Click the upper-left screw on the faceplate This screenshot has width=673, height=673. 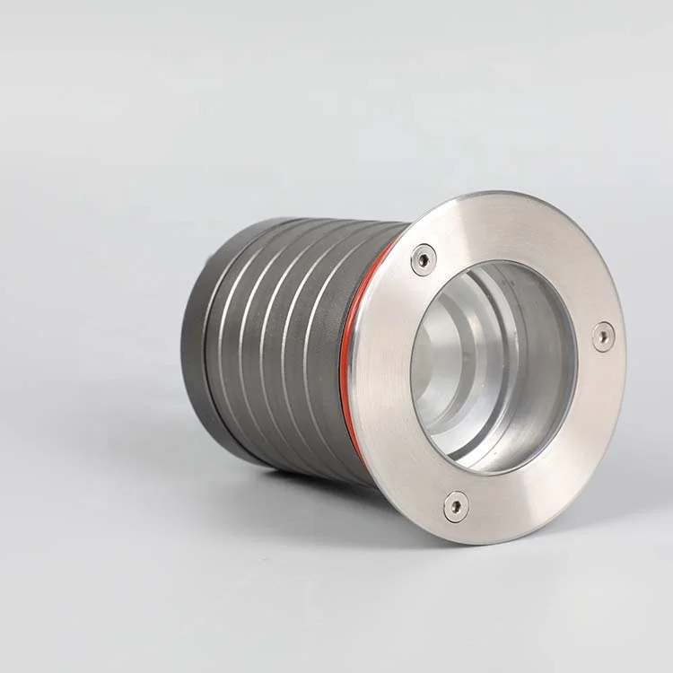tap(423, 259)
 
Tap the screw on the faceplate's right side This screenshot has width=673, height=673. tap(604, 336)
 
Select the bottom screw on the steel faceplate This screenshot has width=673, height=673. tap(456, 506)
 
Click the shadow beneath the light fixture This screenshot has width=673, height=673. tap(296, 503)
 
